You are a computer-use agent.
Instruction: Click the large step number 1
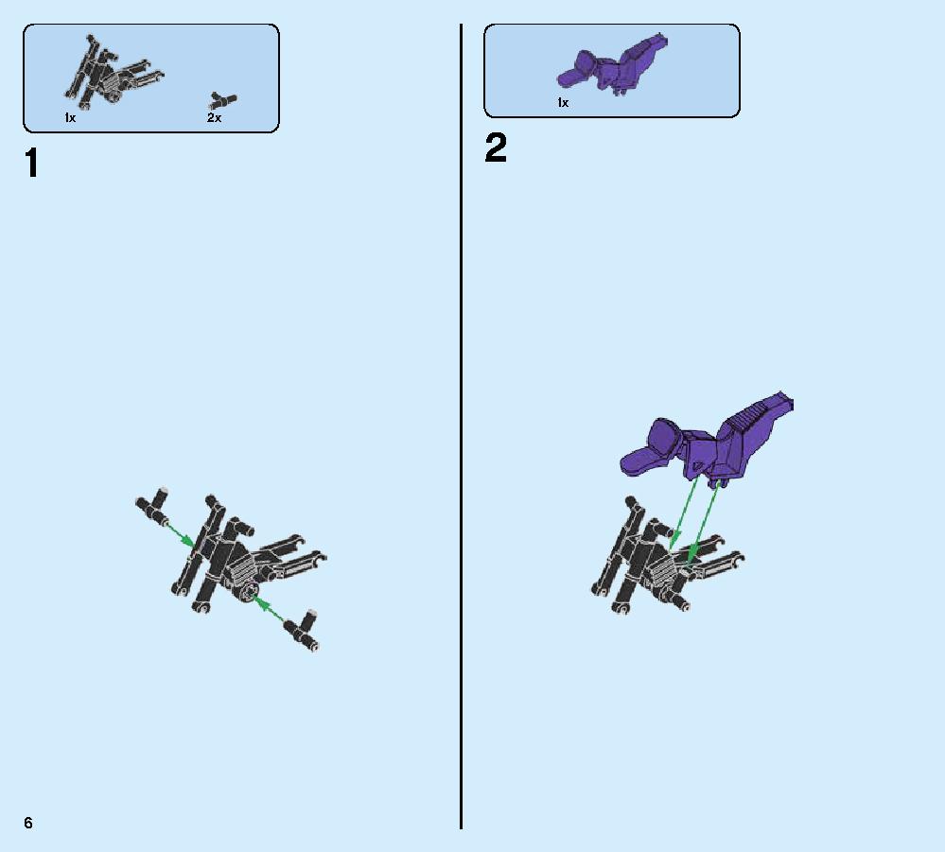[32, 164]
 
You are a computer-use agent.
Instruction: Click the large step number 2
[496, 149]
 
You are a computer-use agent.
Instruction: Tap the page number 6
[28, 823]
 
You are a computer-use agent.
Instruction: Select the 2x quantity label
[215, 118]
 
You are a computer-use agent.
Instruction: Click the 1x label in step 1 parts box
[70, 118]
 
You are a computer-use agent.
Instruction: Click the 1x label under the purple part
[563, 103]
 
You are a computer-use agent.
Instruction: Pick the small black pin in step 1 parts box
[223, 98]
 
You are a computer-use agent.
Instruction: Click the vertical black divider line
[461, 426]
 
